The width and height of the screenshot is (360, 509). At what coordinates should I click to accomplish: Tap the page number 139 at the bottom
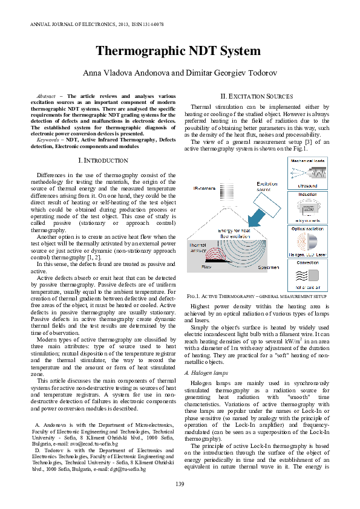[180, 482]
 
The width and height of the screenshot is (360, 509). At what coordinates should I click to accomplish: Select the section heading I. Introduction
[103, 160]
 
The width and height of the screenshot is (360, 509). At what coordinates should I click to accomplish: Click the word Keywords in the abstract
[42, 139]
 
